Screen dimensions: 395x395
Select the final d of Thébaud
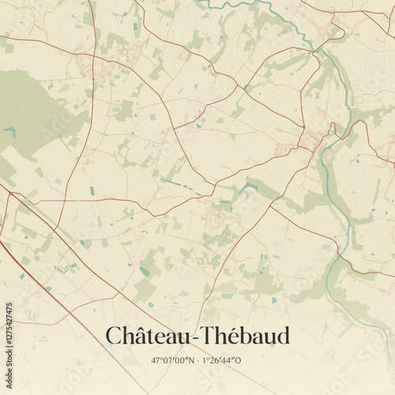(x=283, y=336)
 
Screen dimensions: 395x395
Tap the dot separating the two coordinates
(x=197, y=360)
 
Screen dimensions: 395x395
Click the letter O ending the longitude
(x=241, y=360)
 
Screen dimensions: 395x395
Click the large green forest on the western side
(x=32, y=111)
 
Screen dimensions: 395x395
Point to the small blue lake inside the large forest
(x=9, y=131)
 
